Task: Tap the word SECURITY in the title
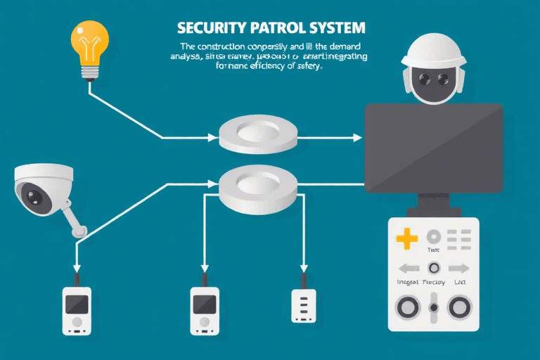click(205, 29)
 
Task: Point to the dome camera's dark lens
click(34, 193)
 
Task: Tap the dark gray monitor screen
click(433, 148)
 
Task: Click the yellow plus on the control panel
click(406, 238)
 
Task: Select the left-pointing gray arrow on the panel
click(409, 268)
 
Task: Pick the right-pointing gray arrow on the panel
click(459, 268)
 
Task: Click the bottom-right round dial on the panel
click(460, 307)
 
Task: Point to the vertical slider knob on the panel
click(434, 307)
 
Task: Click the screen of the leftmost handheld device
click(77, 304)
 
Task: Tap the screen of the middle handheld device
click(203, 304)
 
